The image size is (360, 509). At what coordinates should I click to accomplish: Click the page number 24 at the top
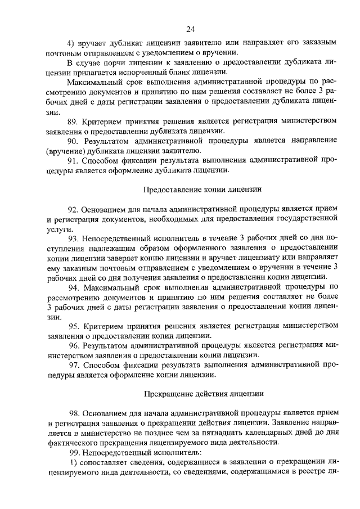tap(190, 29)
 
